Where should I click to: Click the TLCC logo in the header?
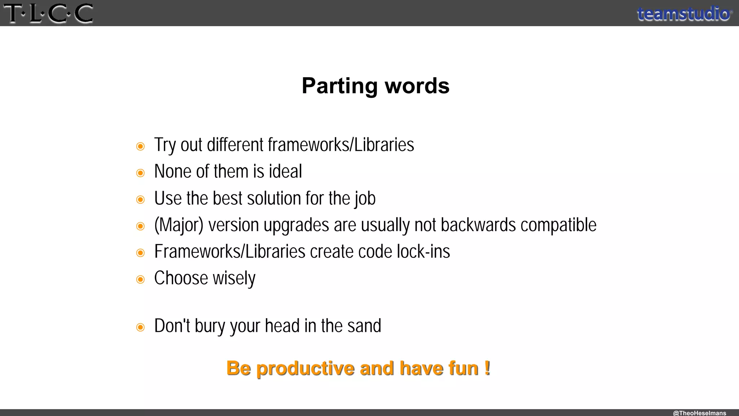point(48,13)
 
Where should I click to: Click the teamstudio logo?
point(684,14)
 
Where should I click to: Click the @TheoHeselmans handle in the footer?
point(699,413)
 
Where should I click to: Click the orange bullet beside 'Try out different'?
point(140,146)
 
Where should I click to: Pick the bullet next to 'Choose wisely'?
point(140,279)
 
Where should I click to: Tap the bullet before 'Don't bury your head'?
point(140,327)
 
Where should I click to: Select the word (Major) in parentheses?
point(179,225)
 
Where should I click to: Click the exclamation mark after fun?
point(487,368)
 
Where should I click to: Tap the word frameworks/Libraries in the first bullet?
point(341,145)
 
